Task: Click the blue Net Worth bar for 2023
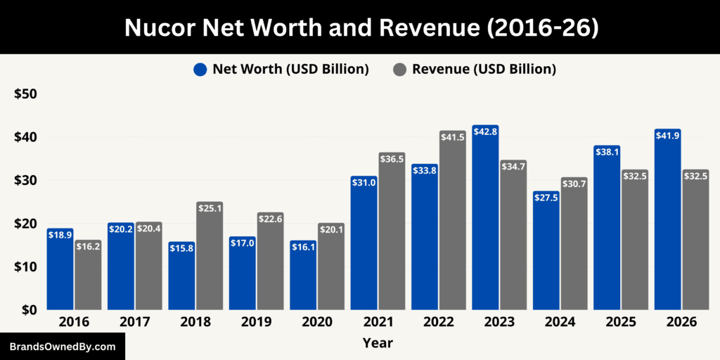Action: [485, 218]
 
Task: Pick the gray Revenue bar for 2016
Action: [88, 275]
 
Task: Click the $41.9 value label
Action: [667, 135]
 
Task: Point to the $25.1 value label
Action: [210, 208]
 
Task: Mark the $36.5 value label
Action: [392, 159]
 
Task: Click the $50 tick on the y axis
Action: [26, 94]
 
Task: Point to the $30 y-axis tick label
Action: [26, 181]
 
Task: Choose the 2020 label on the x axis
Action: [317, 322]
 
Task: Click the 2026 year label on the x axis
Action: [681, 322]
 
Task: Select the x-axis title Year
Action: [378, 343]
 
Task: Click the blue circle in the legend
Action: [200, 70]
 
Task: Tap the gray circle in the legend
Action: [399, 70]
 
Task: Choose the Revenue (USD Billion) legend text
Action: [484, 70]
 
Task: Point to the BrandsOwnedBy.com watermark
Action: [63, 347]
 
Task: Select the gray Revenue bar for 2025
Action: [635, 240]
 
